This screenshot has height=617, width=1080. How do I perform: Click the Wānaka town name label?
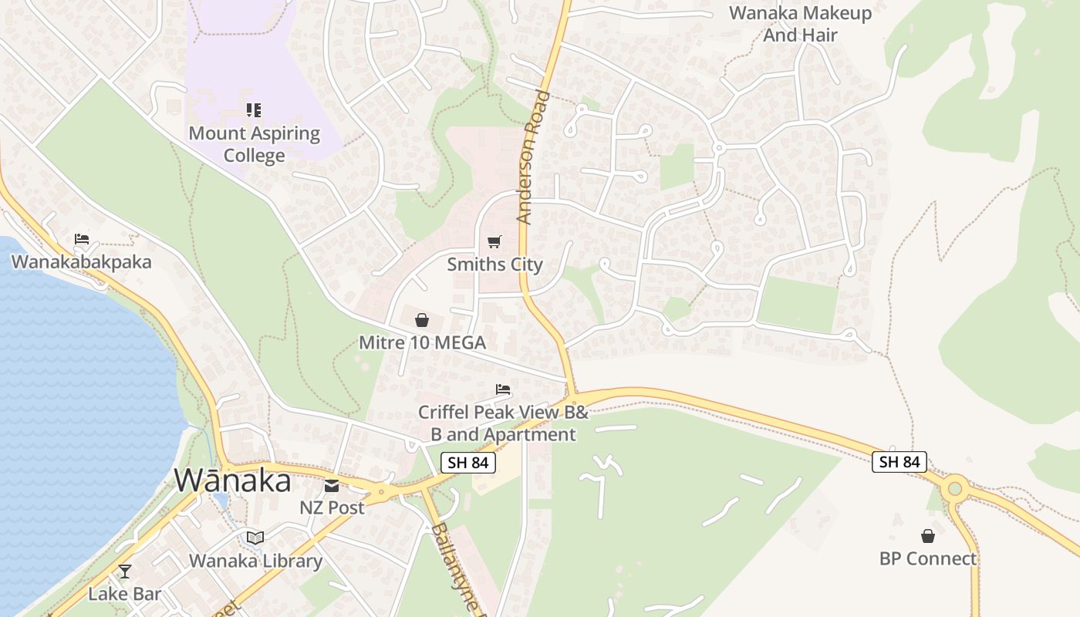(232, 480)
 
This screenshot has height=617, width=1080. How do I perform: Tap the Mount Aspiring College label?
(255, 144)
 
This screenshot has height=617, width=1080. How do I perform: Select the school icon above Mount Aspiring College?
(254, 111)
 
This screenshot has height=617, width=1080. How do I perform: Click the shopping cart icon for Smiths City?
(494, 242)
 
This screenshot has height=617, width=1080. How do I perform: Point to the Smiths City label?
(494, 265)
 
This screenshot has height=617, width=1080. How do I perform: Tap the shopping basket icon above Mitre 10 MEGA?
(422, 320)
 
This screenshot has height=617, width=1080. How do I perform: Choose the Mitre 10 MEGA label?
(422, 342)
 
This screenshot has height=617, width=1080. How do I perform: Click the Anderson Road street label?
(534, 157)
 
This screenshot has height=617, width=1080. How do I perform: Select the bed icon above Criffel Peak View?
(503, 389)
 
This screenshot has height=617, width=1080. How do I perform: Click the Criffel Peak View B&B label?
(503, 423)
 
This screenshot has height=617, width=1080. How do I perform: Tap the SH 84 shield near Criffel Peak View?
(467, 463)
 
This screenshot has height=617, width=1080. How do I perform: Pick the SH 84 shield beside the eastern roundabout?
(899, 462)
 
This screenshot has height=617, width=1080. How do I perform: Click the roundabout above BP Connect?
(955, 487)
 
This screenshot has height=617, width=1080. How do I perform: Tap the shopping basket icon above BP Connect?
(928, 536)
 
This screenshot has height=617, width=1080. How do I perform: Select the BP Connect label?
(928, 558)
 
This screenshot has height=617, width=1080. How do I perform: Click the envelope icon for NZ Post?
(332, 486)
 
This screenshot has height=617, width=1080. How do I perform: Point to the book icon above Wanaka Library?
(255, 538)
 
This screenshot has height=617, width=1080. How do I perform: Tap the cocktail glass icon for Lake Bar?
(124, 571)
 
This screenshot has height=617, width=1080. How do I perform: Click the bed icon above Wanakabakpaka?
(82, 239)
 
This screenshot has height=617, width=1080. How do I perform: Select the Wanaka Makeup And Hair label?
(801, 24)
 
